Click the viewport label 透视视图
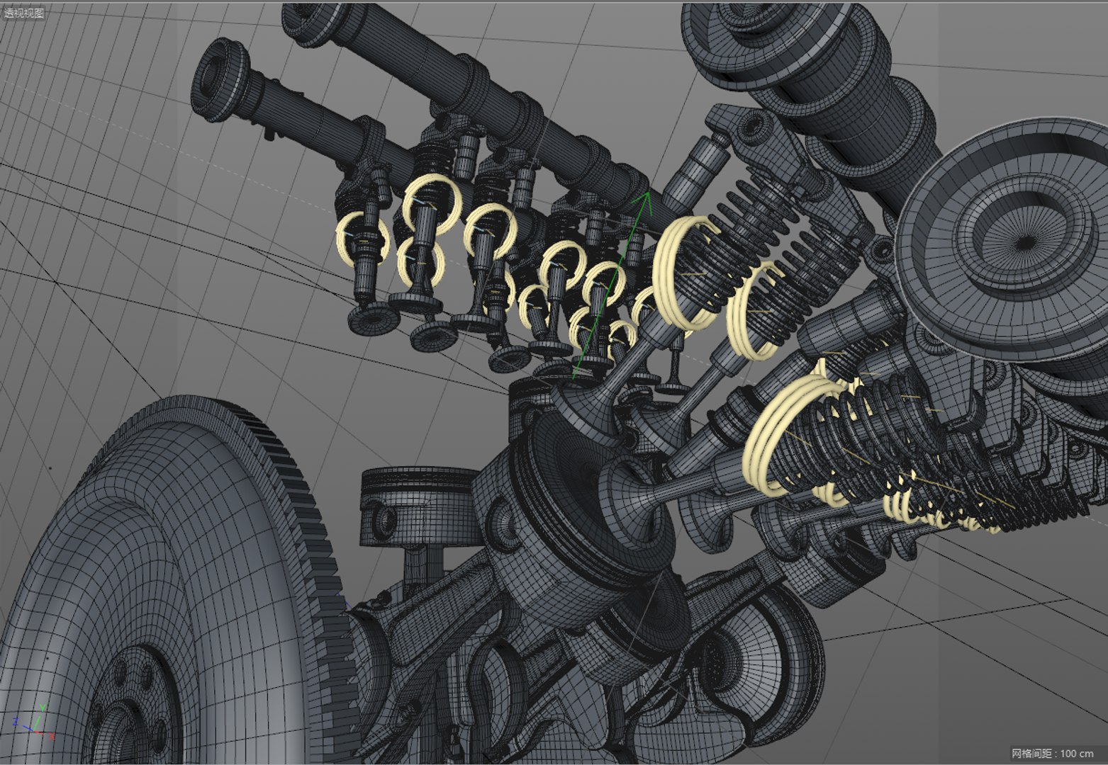pyautogui.click(x=23, y=13)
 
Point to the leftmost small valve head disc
pyautogui.click(x=366, y=319)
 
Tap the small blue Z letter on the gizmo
pyautogui.click(x=16, y=722)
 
